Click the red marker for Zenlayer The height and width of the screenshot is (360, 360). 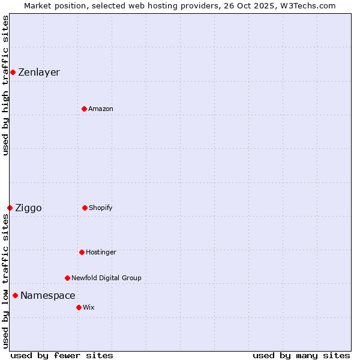point(13,72)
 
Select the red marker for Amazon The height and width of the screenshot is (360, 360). point(84,109)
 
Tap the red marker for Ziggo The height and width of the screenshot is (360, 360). point(10,208)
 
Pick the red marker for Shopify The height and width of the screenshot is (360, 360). point(85,208)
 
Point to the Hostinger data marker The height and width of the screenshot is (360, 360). point(82,252)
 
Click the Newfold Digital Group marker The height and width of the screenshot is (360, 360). point(67,278)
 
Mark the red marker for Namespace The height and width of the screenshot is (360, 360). point(15,295)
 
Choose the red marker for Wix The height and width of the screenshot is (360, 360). point(79,307)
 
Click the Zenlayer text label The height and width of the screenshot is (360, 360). point(39,73)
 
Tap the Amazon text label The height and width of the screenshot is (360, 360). point(101,109)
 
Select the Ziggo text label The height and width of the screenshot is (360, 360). point(28,208)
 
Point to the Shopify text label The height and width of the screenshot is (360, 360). point(101,208)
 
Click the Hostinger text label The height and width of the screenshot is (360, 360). point(101,253)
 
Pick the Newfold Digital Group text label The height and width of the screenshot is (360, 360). point(106,278)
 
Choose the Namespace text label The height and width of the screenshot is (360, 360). point(48,296)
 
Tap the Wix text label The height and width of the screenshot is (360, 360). point(89,308)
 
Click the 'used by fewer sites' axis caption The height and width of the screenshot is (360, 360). point(62,355)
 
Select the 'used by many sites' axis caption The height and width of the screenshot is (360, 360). point(301,355)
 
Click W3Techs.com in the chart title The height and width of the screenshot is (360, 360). point(307,5)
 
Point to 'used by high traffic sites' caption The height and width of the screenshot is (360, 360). point(5,85)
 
